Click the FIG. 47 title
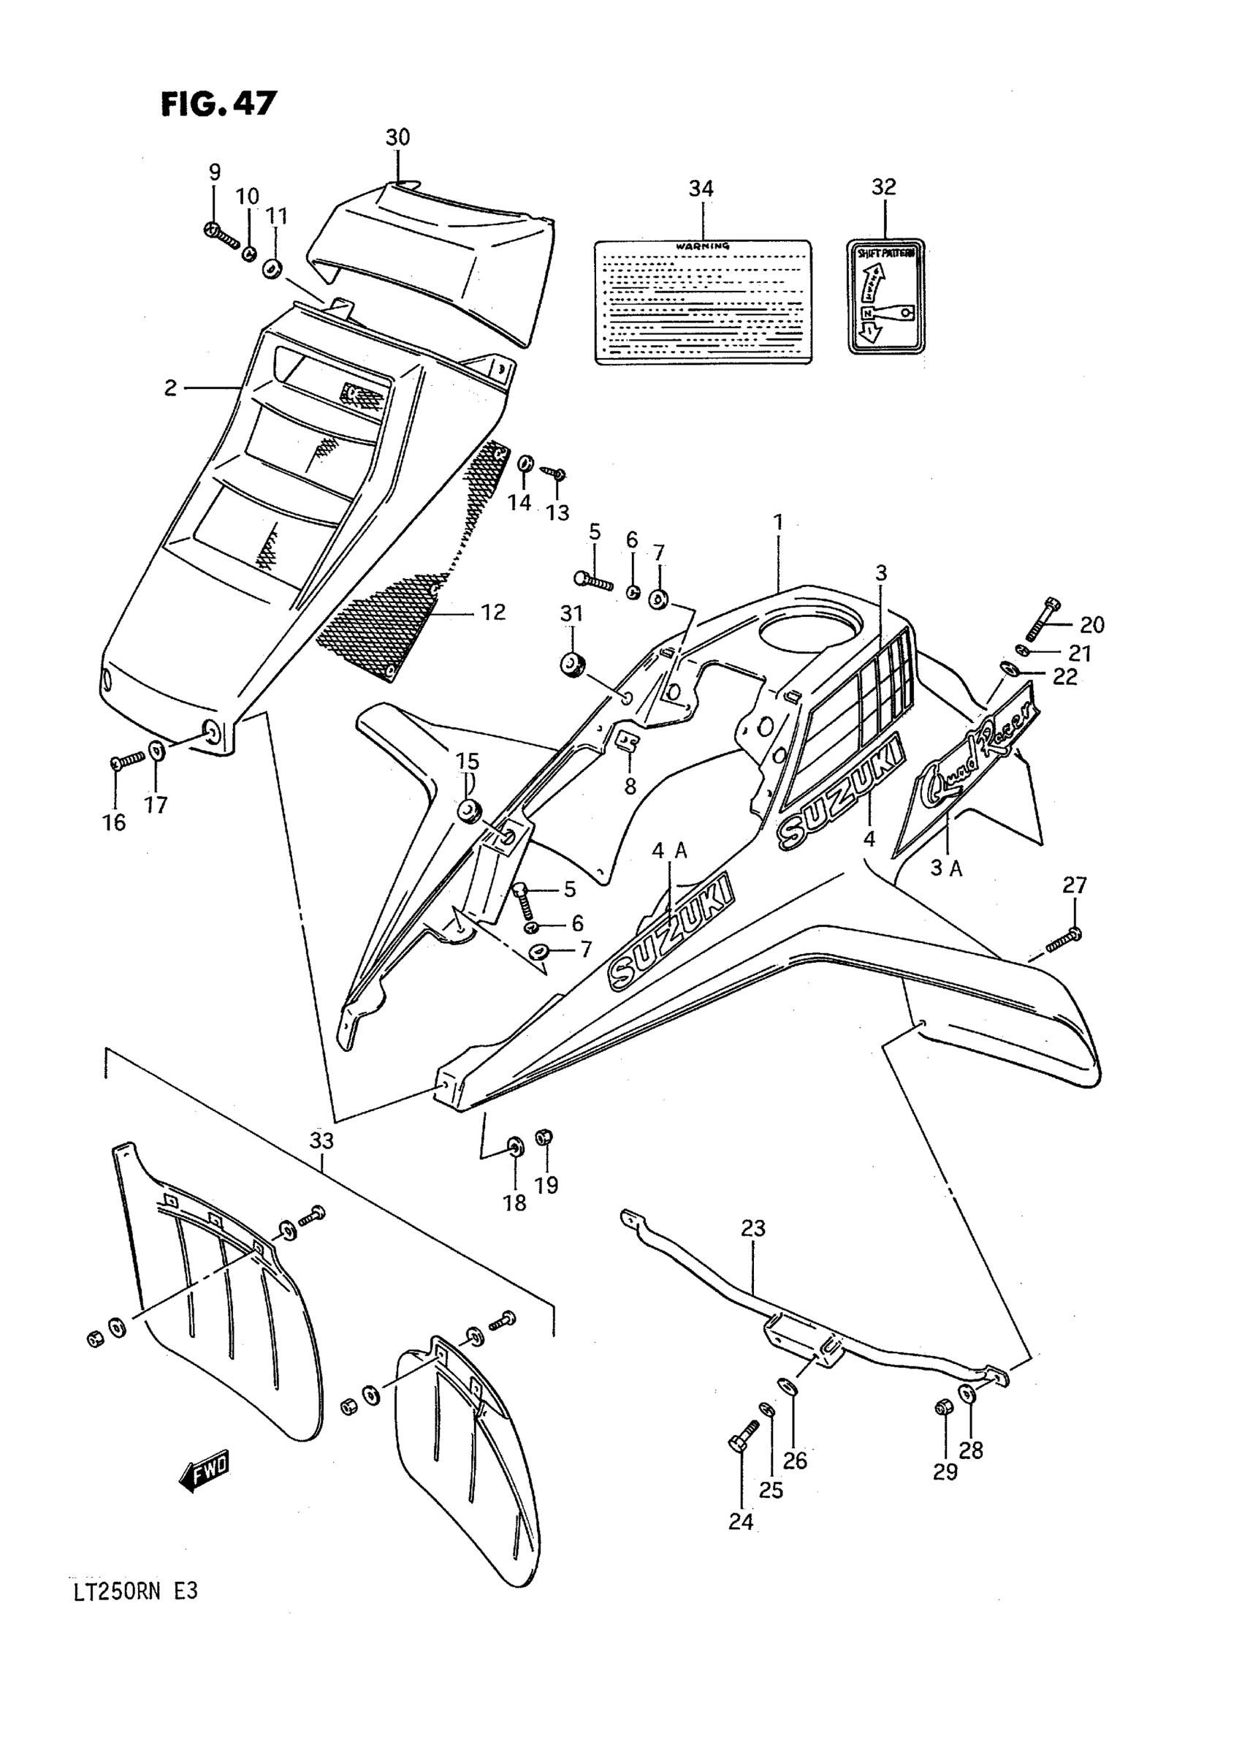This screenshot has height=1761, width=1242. [218, 104]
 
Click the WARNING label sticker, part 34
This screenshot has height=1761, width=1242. [703, 301]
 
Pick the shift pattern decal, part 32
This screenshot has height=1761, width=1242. [885, 296]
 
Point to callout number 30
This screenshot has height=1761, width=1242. [397, 137]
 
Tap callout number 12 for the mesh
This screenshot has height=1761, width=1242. [493, 612]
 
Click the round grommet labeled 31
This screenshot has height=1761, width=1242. [571, 664]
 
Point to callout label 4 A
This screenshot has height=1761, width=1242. [669, 851]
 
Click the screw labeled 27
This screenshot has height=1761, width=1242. [1062, 941]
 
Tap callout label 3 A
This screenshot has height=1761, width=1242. [946, 868]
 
